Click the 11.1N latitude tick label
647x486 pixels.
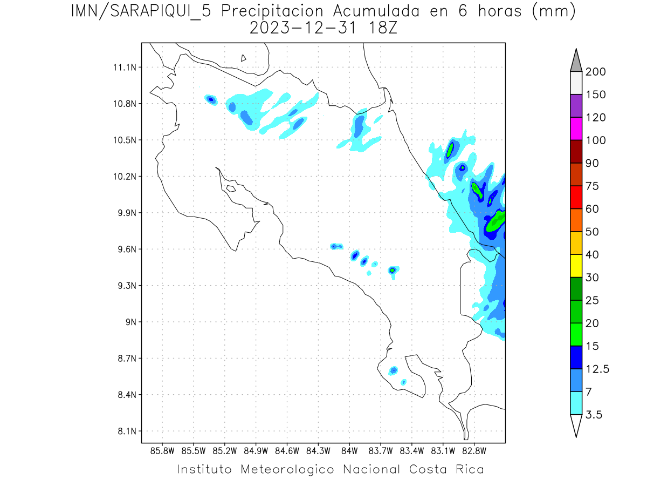[123, 67]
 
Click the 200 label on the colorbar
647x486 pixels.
[596, 72]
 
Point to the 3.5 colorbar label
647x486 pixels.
[594, 415]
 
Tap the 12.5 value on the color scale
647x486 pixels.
[597, 369]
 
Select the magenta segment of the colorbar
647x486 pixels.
[576, 129]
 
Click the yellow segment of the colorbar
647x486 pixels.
[576, 266]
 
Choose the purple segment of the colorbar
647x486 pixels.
[576, 106]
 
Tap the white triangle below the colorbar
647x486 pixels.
[576, 424]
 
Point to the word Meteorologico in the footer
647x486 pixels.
[291, 469]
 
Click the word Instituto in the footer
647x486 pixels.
[204, 469]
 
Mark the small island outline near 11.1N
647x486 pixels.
[244, 58]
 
